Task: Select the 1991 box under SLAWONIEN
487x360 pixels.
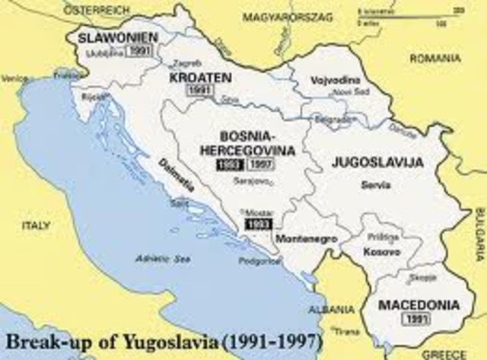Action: point(141,51)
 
